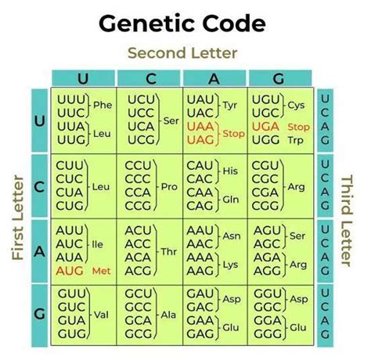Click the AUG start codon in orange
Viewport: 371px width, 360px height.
(x=70, y=271)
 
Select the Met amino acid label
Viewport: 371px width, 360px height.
(x=102, y=272)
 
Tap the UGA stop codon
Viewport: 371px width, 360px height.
(x=265, y=127)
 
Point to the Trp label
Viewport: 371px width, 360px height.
(x=296, y=140)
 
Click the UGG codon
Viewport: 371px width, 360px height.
(x=265, y=140)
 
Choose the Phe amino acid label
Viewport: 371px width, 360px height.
(x=103, y=105)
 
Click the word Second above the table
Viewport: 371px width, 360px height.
(x=157, y=53)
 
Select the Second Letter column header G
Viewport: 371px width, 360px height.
(x=279, y=78)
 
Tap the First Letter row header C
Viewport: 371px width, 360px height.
(x=39, y=187)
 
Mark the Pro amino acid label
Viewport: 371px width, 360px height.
(x=169, y=187)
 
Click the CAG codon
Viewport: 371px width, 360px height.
(x=200, y=206)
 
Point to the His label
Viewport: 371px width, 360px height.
(x=230, y=171)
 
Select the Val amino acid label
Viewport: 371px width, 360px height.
(x=101, y=315)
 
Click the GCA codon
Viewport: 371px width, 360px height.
(x=138, y=320)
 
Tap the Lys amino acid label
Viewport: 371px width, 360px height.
(x=230, y=265)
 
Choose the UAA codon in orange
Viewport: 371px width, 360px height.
(x=200, y=127)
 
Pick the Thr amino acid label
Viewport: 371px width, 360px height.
(x=169, y=252)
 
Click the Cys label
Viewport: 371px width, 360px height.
(x=296, y=106)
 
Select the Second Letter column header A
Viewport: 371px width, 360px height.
(x=214, y=78)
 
